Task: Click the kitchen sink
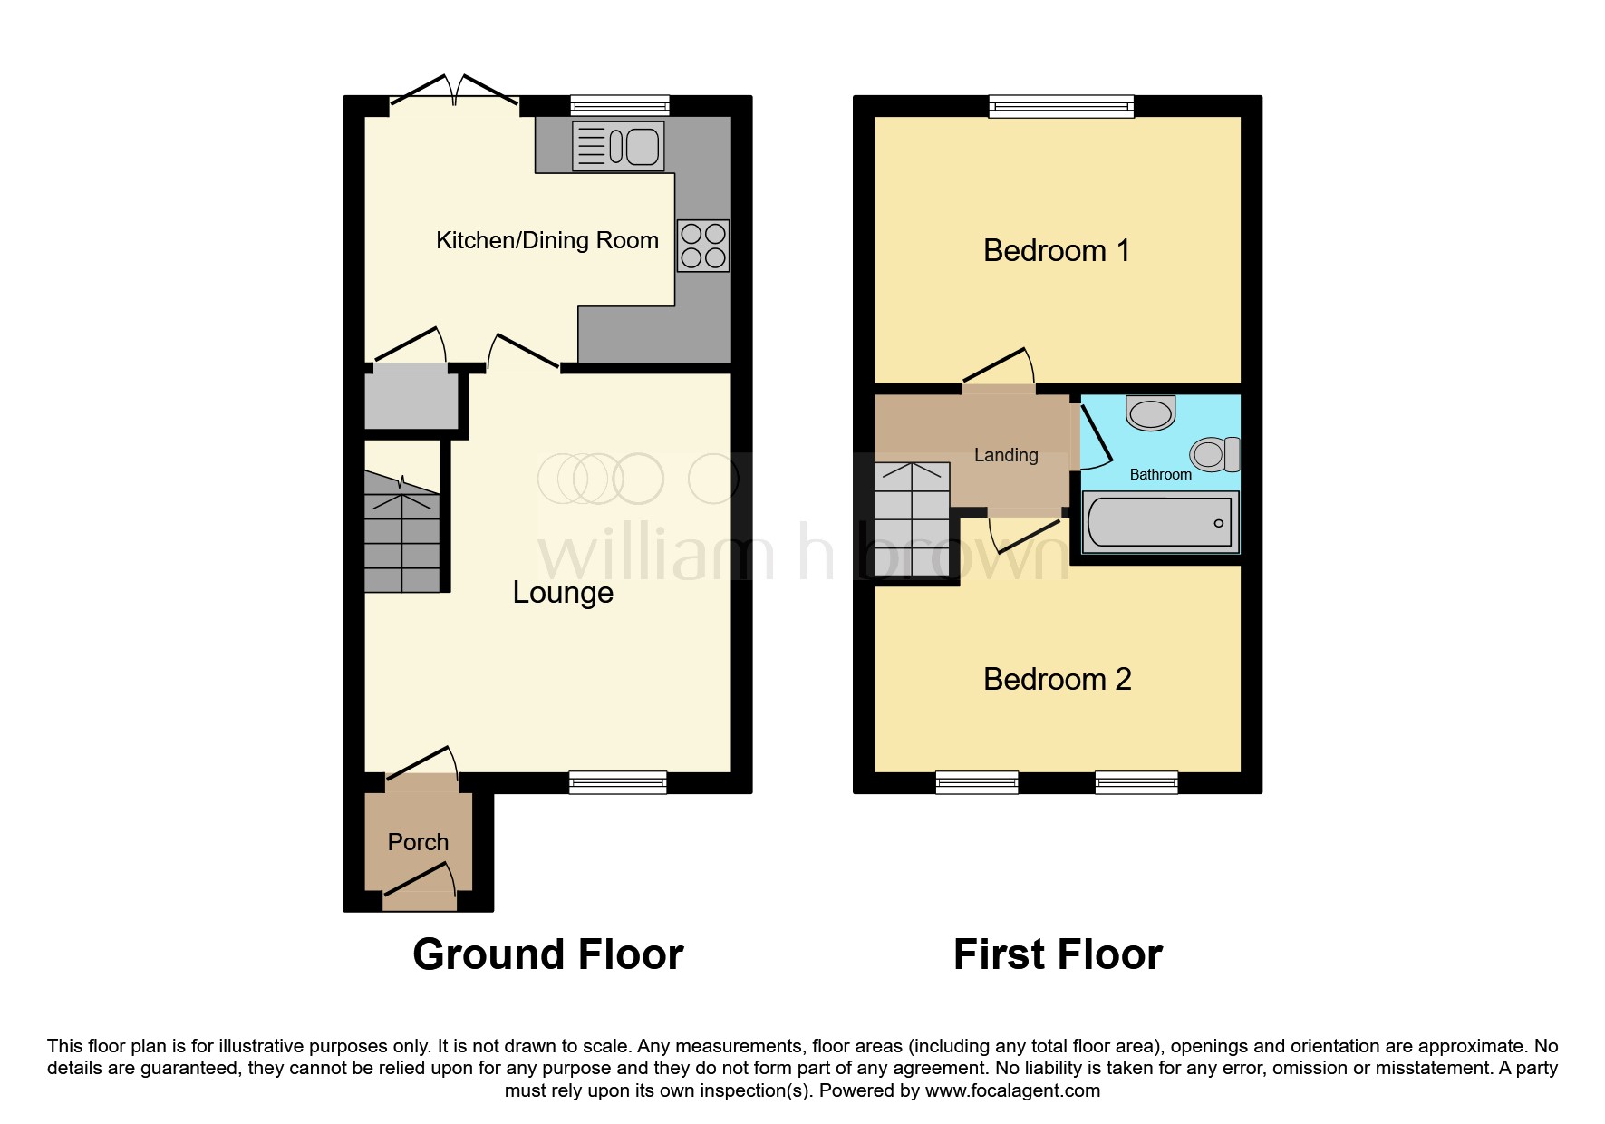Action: point(618,146)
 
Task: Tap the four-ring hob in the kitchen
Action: point(703,246)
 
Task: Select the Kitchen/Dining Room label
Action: point(547,240)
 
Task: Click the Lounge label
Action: point(563,592)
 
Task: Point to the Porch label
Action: point(418,842)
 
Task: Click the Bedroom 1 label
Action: point(1057,250)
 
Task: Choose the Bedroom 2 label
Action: point(1058,679)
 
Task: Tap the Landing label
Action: point(1006,455)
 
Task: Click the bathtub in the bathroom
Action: point(1160,523)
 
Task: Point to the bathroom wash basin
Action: point(1151,413)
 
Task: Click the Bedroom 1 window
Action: point(1061,107)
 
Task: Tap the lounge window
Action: point(618,782)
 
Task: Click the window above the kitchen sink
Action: point(620,106)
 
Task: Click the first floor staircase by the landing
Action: point(912,519)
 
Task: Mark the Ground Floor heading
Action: point(548,954)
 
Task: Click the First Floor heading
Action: point(1058,954)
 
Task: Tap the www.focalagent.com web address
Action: point(1012,1090)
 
